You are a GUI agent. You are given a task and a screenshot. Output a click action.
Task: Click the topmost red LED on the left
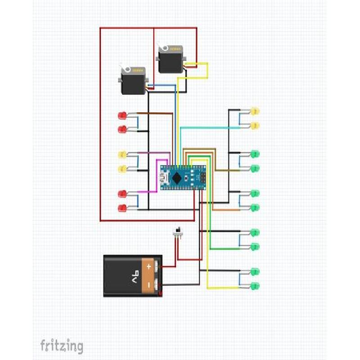point(122,116)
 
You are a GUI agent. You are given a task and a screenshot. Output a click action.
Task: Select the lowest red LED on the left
point(122,208)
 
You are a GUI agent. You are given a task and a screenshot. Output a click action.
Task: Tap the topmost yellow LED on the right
point(255,111)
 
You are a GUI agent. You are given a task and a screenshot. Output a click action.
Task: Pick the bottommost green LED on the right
point(255,286)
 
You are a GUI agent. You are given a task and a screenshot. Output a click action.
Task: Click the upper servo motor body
point(171,61)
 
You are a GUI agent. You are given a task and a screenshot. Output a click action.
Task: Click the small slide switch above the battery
point(179,232)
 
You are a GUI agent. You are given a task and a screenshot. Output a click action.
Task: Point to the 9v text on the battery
point(135,275)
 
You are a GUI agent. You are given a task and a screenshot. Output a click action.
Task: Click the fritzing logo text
point(62,346)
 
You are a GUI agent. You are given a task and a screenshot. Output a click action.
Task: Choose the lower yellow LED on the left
point(122,169)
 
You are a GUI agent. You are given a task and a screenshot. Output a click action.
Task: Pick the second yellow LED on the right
point(255,126)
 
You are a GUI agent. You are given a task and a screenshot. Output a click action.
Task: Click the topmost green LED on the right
point(255,154)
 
